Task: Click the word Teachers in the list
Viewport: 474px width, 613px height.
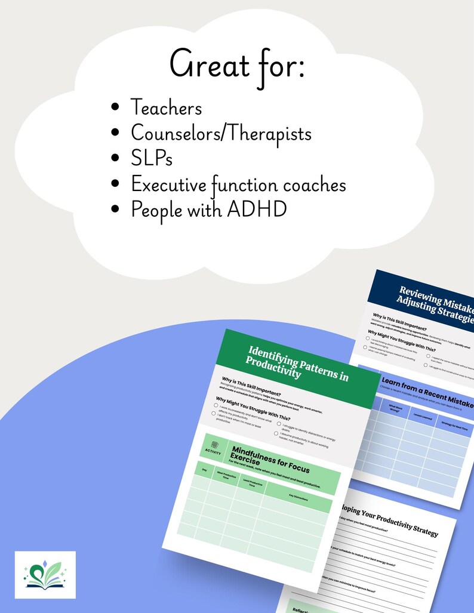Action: tap(166, 108)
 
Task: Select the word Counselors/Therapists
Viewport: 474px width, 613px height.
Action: tap(221, 134)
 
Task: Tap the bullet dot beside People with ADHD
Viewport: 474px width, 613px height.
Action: tap(116, 211)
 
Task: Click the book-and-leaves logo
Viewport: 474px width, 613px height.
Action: tap(45, 574)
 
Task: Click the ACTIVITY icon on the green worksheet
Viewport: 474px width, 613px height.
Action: tap(211, 448)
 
